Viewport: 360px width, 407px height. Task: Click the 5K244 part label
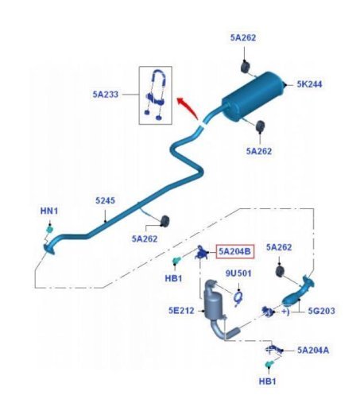pos(309,84)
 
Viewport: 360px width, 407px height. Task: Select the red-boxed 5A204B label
pos(235,251)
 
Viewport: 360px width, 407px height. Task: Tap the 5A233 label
pos(106,94)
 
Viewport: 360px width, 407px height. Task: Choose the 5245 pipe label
pos(105,200)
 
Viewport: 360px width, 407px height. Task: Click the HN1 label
pos(49,211)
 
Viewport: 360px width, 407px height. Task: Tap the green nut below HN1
pos(49,229)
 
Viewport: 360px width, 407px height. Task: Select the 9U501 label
pos(238,273)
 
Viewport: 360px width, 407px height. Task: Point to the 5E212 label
pos(181,310)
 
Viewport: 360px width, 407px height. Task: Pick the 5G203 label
pos(321,311)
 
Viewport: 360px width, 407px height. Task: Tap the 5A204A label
pos(313,350)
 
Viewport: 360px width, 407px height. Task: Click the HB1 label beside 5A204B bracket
pos(173,278)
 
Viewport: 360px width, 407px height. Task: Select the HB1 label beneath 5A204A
pos(267,382)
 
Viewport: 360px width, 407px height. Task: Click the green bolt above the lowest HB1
pos(269,364)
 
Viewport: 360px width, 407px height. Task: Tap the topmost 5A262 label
pos(243,37)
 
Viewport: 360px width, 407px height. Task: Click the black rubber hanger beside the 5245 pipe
pos(165,221)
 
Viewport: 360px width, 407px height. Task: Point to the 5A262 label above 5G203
pos(279,247)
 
